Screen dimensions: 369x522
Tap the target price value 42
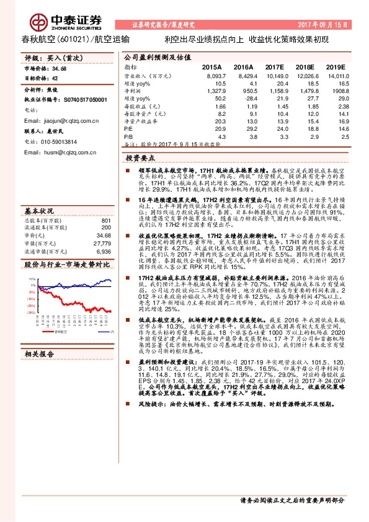pos(56,78)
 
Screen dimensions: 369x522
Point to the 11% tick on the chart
pos(29,280)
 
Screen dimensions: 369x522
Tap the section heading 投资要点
pos(144,159)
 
